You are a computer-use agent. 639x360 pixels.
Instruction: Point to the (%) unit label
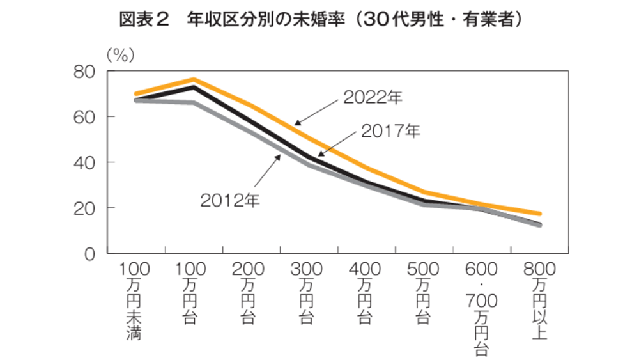(x=120, y=55)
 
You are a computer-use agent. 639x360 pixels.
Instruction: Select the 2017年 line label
(x=390, y=132)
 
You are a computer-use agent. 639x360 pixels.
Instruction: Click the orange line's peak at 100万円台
(x=193, y=79)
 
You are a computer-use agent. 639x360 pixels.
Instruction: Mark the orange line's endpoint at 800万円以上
(x=540, y=214)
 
